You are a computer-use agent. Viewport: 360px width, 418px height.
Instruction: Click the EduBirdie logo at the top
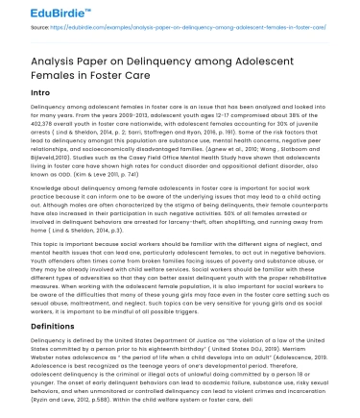36,13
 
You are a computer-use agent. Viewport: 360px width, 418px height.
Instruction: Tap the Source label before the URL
40,30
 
